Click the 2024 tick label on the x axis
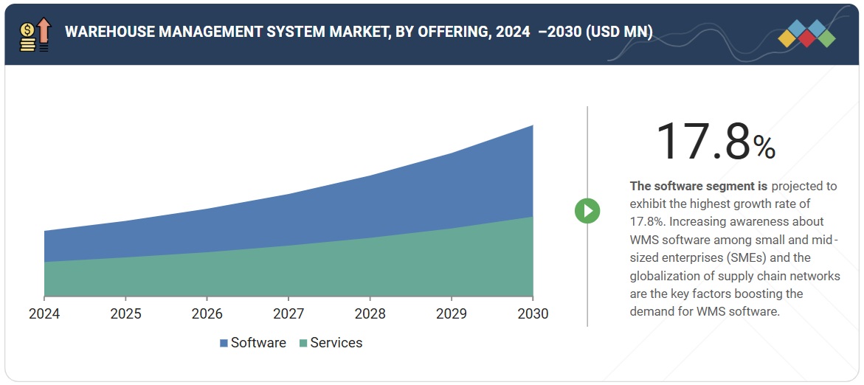tap(44, 313)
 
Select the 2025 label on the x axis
tap(125, 313)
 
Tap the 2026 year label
tap(207, 313)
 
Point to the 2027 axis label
tap(288, 313)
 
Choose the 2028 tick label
tap(370, 313)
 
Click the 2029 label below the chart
tap(452, 313)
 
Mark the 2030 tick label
tap(533, 313)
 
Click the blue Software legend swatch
tap(224, 343)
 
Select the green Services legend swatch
tap(303, 343)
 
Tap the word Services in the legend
tap(336, 343)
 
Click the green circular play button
tap(587, 211)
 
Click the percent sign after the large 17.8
tap(764, 148)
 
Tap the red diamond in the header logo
tap(806, 38)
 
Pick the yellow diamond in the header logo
tap(787, 38)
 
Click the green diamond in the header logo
tap(826, 38)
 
